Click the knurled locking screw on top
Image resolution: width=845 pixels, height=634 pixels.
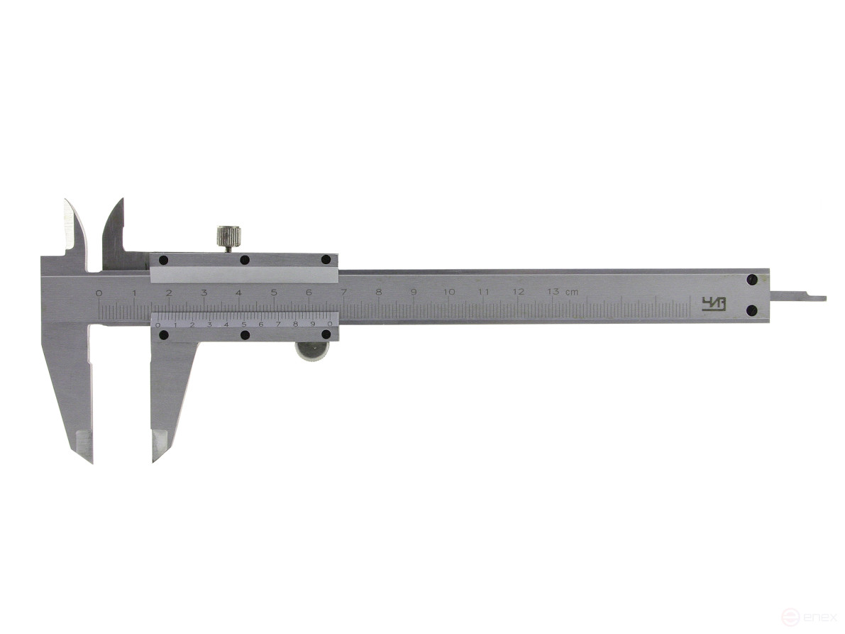228,237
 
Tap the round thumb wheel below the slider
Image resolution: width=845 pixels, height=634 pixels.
312,351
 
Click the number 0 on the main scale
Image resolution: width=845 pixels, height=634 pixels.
99,293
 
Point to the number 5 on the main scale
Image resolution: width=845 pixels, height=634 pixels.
273,293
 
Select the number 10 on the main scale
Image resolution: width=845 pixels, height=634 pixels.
448,293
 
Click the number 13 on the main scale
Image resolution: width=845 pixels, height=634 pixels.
553,293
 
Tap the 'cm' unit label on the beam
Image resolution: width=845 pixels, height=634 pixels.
571,293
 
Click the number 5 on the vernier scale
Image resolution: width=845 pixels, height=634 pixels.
243,324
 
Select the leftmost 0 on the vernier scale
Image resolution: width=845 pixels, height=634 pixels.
158,324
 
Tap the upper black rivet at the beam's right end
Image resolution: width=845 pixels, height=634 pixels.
751,280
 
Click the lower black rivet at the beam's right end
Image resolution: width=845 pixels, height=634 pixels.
751,310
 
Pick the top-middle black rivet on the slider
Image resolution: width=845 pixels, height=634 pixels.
244,260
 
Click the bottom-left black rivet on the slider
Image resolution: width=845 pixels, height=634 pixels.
163,335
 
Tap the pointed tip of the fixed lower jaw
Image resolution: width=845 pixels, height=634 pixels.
90,459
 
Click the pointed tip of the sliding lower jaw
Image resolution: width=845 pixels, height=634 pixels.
154,459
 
